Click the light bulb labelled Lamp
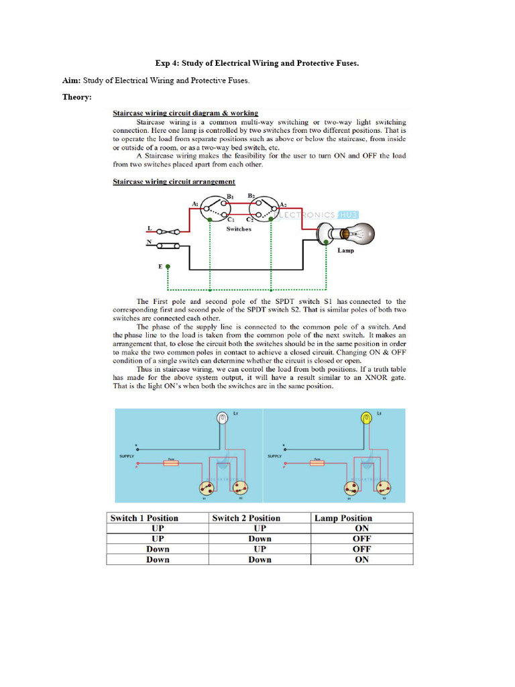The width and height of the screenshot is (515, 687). pos(353,234)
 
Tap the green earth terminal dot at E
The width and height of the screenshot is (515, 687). pos(168,266)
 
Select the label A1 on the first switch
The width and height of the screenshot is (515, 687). pos(194,203)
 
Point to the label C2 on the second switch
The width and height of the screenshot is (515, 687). pos(249,219)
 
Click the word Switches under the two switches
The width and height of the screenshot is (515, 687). pos(239,229)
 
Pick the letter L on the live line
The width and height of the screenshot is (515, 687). pos(149,229)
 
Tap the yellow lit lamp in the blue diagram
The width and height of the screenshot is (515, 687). pos(365,419)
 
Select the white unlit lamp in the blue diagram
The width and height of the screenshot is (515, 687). pos(222,419)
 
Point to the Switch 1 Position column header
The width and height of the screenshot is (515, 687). pos(144,518)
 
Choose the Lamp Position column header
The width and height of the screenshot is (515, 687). pos(343,518)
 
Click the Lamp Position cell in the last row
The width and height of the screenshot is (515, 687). pos(361,560)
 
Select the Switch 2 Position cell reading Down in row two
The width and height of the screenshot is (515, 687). pos(260,539)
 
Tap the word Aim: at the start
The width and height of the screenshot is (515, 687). pos(72,81)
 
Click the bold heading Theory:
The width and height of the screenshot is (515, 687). pos(77,97)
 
